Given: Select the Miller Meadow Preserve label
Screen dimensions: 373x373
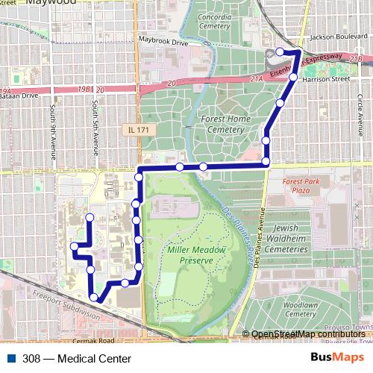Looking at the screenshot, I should click(x=191, y=254).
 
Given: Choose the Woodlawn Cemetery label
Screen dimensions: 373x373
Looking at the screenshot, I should click(x=301, y=310).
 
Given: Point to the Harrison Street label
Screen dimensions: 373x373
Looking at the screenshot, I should click(x=330, y=78).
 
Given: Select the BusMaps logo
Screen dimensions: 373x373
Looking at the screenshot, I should click(x=337, y=357).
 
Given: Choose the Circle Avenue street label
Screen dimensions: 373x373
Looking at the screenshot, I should click(x=359, y=123).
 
